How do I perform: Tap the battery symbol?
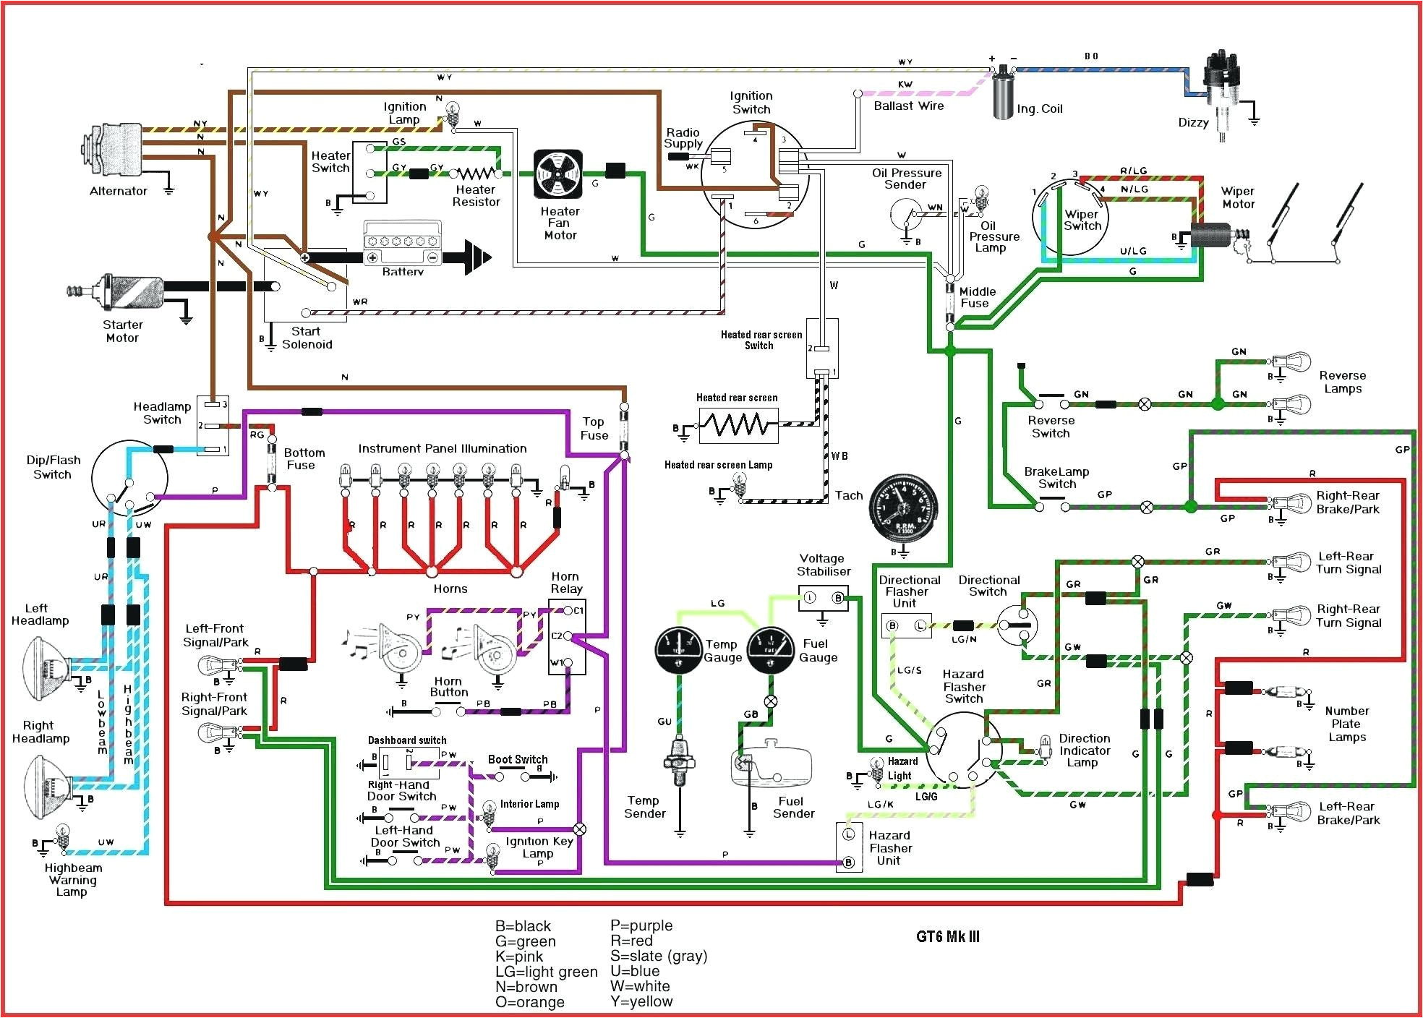pos(402,246)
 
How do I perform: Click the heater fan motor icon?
pos(557,174)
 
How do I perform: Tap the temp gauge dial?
pos(678,650)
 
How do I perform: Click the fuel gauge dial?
pos(771,650)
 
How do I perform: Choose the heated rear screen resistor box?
pos(738,425)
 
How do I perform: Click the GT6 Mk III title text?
pos(948,937)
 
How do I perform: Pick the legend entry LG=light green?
pos(547,972)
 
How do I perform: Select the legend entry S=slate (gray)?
pos(659,956)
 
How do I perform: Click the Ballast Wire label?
pos(909,106)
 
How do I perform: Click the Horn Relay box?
pos(567,636)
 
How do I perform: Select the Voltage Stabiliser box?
pos(823,598)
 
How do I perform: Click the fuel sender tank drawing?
pos(771,763)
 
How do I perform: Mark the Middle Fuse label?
pos(978,297)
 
